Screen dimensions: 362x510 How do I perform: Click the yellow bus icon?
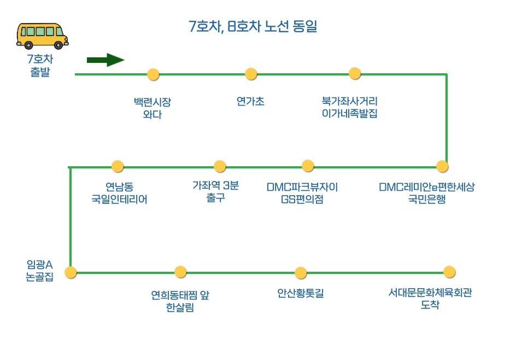click(x=42, y=36)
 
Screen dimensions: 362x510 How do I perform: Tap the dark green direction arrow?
click(x=105, y=60)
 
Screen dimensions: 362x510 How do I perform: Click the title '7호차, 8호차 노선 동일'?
click(x=253, y=26)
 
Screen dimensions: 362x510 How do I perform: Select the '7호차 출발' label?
click(x=40, y=66)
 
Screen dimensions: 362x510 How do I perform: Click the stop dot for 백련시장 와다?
click(x=153, y=74)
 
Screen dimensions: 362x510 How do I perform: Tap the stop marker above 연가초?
click(x=251, y=74)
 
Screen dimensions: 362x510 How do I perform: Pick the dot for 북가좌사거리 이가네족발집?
click(x=355, y=73)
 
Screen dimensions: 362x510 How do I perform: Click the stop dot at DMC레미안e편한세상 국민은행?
click(x=442, y=166)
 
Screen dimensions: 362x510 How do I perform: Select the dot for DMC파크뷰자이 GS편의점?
click(x=308, y=166)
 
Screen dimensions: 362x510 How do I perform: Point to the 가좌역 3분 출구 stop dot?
click(x=220, y=166)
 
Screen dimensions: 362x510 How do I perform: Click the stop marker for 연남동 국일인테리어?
click(x=118, y=166)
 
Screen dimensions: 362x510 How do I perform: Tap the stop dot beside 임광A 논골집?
click(x=71, y=272)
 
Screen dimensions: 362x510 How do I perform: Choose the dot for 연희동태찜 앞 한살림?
click(x=180, y=272)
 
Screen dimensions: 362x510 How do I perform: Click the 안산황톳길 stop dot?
click(x=301, y=272)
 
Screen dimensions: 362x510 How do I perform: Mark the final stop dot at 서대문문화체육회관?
click(x=449, y=272)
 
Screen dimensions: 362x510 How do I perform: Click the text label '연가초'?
click(x=250, y=102)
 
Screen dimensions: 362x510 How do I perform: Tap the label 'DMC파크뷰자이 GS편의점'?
click(x=302, y=193)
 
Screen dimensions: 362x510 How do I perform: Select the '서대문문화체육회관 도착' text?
click(x=430, y=299)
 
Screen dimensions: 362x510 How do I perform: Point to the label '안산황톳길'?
click(x=301, y=294)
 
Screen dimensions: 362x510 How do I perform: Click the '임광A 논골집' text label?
click(x=40, y=271)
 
